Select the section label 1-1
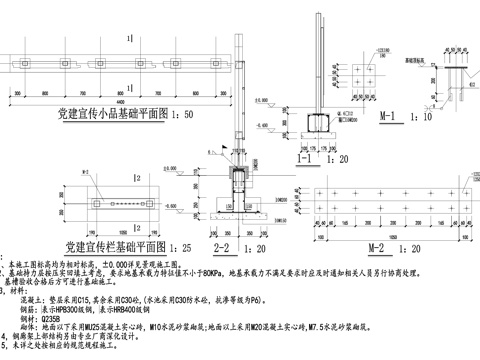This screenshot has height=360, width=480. pos(300,158)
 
